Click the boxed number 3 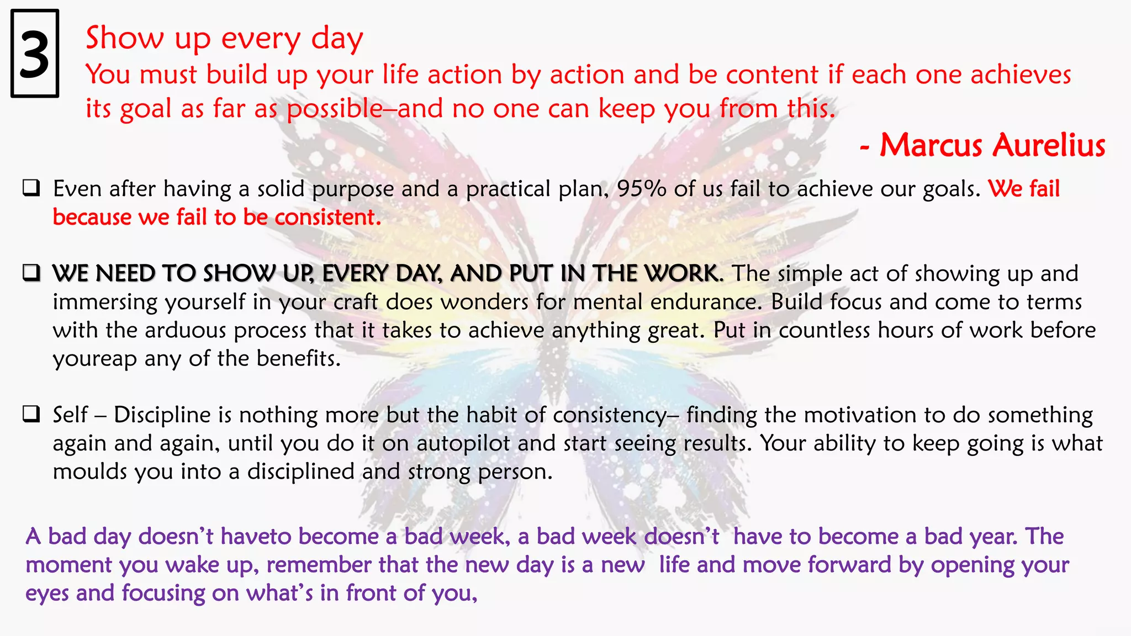pyautogui.click(x=34, y=54)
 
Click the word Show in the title pyautogui.click(x=125, y=39)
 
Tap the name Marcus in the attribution pyautogui.click(x=931, y=146)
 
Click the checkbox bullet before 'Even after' pyautogui.click(x=31, y=188)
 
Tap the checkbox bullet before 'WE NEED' pyautogui.click(x=31, y=273)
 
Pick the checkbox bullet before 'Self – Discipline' pyautogui.click(x=31, y=414)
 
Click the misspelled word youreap pyautogui.click(x=94, y=359)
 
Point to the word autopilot pyautogui.click(x=463, y=444)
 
